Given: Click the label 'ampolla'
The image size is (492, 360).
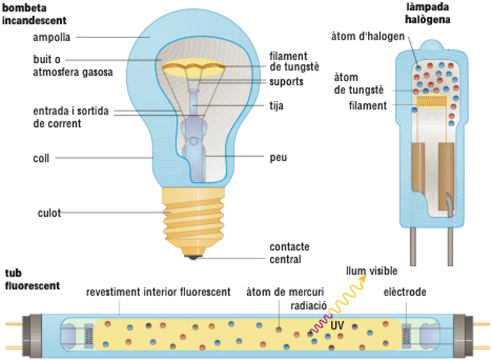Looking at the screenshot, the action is point(52,38).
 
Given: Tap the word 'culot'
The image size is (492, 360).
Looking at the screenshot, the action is point(49,213).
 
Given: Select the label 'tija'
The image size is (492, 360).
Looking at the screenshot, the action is point(276,106).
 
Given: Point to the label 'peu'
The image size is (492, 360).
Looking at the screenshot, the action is point(279,158).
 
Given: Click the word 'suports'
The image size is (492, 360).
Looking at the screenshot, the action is point(287,82).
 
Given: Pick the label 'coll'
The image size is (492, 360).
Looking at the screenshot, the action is point(41,158).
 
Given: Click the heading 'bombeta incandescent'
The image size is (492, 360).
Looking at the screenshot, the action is point(34,14).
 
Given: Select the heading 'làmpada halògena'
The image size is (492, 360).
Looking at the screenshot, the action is point(427,13).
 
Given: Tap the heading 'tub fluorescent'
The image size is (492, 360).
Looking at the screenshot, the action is point(33,279).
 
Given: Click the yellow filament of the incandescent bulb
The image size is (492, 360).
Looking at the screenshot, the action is point(194,67).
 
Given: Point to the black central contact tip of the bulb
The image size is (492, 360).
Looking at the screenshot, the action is point(193,258).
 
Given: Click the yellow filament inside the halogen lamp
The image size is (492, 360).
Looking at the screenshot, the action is point(433,101).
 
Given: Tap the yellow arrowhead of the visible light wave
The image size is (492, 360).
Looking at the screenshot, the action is point(363,278).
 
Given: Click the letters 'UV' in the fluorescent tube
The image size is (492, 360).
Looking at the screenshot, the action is point(337,325).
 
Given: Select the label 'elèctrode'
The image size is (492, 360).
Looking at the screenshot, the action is point(405,292).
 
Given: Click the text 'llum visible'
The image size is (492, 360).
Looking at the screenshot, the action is point(372,271).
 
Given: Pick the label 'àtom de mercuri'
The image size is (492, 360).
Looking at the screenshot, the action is point(285,292).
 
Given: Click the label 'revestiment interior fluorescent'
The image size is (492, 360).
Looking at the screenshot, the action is point(159,292).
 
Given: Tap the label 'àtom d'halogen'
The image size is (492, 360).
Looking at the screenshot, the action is point(368,36).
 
